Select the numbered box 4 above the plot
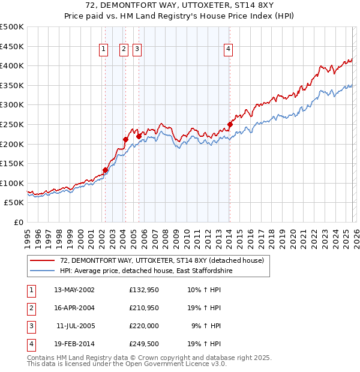tap(229, 50)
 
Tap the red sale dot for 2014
tap(230, 125)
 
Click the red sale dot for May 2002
tap(105, 170)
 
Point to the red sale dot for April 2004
tap(125, 140)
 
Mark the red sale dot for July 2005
tap(139, 136)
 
